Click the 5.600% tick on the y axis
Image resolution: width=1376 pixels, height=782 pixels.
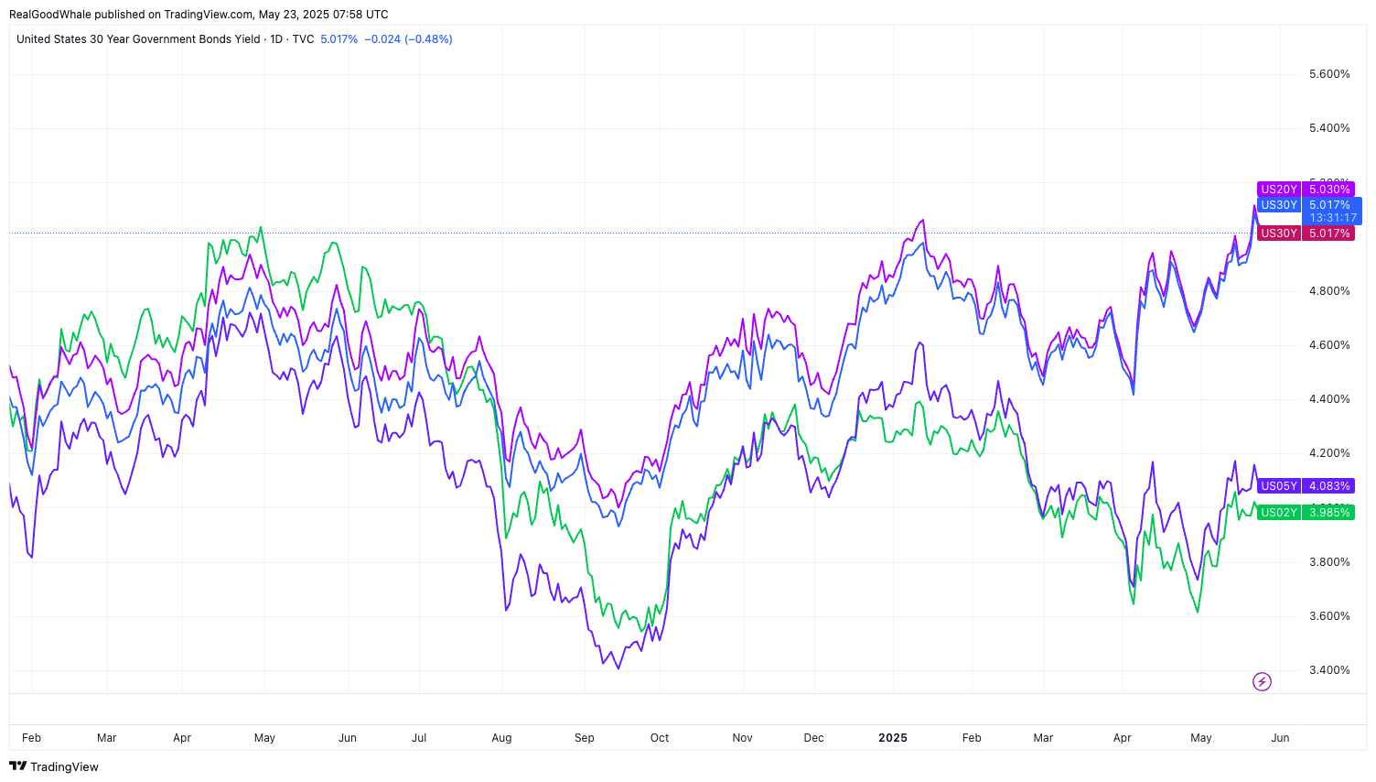[1329, 74]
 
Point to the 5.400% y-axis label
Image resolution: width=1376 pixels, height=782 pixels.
[1329, 128]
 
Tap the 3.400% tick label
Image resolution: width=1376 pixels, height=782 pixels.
[1329, 670]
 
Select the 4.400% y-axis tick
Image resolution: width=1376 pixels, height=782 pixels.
[1329, 399]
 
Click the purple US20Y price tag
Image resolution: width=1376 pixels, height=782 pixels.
[1279, 190]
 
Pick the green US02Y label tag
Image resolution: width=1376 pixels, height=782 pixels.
[1279, 513]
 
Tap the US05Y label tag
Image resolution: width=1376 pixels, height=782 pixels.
[1279, 486]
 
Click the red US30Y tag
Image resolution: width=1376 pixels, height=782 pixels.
[1279, 234]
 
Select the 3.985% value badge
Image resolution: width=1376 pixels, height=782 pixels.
[1329, 513]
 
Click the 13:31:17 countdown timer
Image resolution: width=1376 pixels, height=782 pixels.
[1333, 218]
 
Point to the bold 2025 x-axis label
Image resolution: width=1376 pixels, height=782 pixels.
[893, 738]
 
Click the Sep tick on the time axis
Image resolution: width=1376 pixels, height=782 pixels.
[585, 738]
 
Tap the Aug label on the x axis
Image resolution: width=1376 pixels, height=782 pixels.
[501, 738]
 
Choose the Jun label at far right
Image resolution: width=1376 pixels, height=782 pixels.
[1280, 738]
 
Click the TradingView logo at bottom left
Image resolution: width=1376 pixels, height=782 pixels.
[54, 766]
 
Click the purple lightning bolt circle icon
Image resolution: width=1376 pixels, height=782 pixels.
[1262, 681]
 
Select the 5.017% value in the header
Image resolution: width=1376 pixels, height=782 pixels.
[339, 39]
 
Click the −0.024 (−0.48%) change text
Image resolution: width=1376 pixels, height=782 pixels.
[408, 39]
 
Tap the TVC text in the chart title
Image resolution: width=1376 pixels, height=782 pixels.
[303, 39]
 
